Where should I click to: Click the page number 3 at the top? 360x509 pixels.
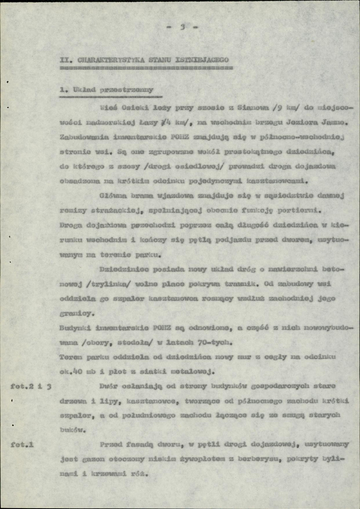point(183,28)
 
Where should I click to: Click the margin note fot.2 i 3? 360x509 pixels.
point(32,386)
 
